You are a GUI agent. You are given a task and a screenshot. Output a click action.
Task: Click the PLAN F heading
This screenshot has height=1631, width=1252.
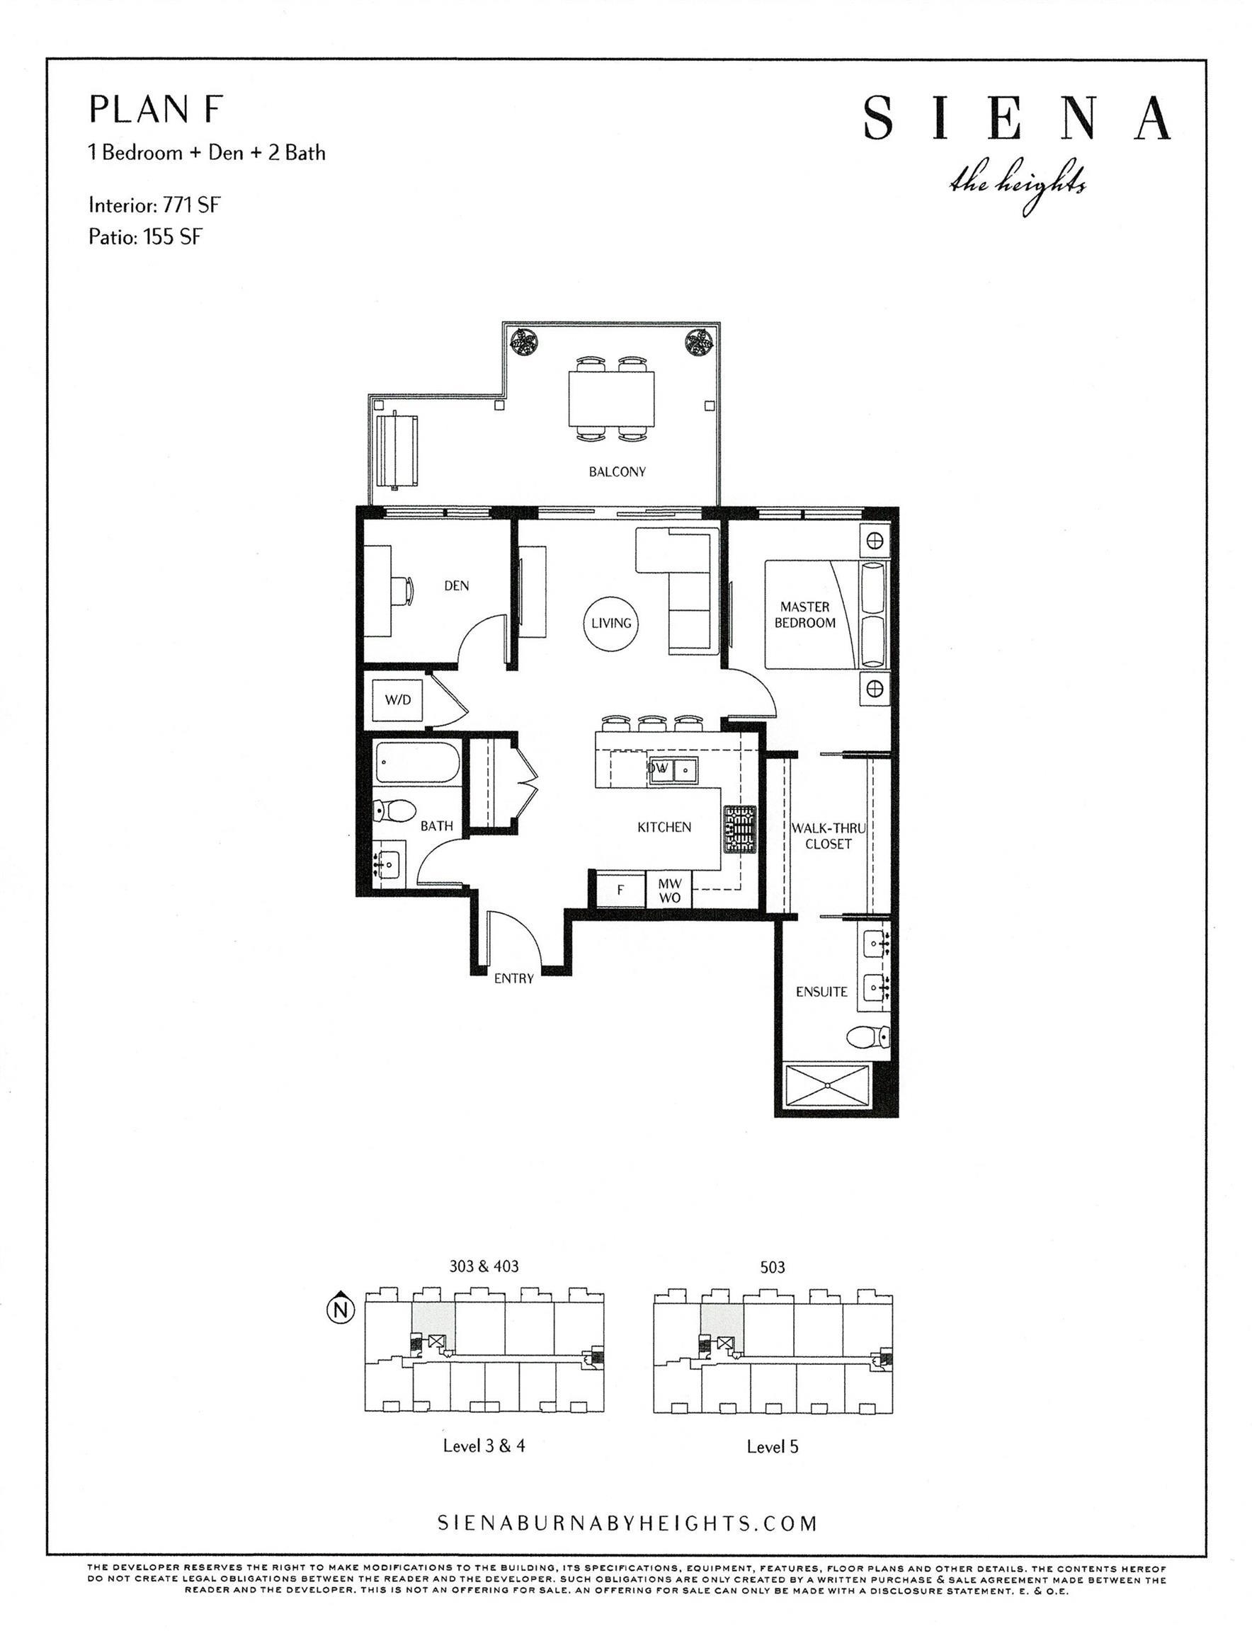pyautogui.click(x=155, y=110)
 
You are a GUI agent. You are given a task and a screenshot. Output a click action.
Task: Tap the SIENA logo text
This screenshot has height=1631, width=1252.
pyautogui.click(x=1017, y=118)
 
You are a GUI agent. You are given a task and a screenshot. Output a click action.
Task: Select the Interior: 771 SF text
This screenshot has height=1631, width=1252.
pyautogui.click(x=154, y=205)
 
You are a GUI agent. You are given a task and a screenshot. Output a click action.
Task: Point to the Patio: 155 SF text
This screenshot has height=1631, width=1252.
pyautogui.click(x=145, y=238)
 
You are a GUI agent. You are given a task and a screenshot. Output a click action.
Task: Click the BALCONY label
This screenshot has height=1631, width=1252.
pyautogui.click(x=617, y=471)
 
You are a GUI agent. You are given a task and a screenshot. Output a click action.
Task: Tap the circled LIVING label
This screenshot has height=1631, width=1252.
pyautogui.click(x=611, y=624)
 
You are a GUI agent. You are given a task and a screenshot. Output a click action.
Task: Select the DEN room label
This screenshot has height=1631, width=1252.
pyautogui.click(x=456, y=585)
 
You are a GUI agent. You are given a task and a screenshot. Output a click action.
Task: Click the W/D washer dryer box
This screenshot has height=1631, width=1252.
pyautogui.click(x=398, y=700)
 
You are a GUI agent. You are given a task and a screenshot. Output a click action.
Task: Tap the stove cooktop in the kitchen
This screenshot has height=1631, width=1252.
pyautogui.click(x=738, y=829)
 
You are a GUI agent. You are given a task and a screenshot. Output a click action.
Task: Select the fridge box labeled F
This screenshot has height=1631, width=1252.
pyautogui.click(x=620, y=890)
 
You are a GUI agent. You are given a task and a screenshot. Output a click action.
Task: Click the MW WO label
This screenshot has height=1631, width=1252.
pyautogui.click(x=669, y=891)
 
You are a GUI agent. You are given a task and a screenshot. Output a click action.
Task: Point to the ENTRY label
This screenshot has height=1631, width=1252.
pyautogui.click(x=513, y=978)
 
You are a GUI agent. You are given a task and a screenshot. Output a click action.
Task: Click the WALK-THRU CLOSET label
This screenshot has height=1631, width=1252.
pyautogui.click(x=828, y=836)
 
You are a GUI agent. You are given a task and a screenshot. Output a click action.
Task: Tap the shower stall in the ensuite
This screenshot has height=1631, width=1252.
pyautogui.click(x=828, y=1087)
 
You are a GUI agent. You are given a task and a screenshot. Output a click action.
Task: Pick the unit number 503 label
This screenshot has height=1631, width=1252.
pyautogui.click(x=773, y=1267)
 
